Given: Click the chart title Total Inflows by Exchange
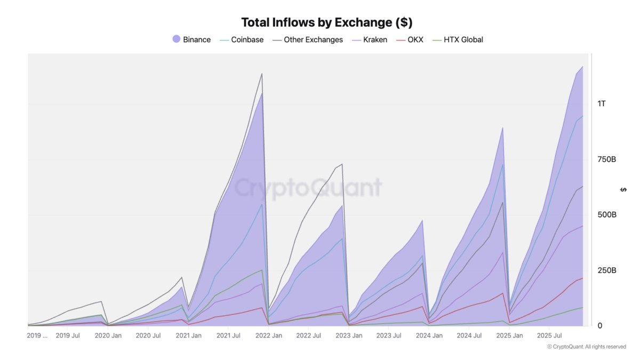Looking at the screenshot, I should (x=327, y=22).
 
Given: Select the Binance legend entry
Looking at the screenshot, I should (x=192, y=39).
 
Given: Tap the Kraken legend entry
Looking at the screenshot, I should (x=370, y=39).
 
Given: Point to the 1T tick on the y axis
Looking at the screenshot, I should (x=602, y=103).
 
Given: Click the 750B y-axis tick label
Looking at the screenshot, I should (x=606, y=159).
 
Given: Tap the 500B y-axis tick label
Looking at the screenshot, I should (x=606, y=215).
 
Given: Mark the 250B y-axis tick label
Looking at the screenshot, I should (x=606, y=270).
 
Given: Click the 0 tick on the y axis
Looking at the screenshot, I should (x=600, y=326).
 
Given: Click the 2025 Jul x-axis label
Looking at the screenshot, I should (x=550, y=335).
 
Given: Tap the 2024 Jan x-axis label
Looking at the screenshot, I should (x=429, y=335).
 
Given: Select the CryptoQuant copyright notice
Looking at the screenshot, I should (x=586, y=347).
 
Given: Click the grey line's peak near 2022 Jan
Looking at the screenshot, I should (x=261, y=74).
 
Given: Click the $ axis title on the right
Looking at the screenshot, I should (x=623, y=190).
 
